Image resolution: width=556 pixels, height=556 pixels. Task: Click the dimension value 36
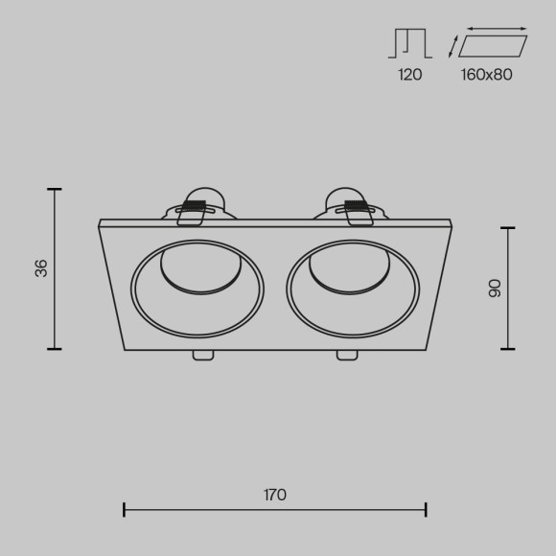click(40, 268)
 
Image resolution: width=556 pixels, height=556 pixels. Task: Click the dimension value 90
click(495, 288)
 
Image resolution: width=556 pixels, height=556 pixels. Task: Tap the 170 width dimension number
click(275, 495)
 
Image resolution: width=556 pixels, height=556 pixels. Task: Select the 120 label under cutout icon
click(409, 74)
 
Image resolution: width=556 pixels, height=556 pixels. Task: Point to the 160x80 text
click(486, 74)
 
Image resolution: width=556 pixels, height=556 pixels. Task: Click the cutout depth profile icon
click(409, 43)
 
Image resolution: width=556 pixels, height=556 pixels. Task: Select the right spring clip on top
click(354, 205)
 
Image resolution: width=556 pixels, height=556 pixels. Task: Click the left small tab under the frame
click(203, 357)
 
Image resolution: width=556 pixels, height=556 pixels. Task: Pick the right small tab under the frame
click(346, 357)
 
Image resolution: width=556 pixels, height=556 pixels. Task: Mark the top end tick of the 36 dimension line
click(54, 190)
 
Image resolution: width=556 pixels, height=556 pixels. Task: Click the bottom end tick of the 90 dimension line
click(507, 348)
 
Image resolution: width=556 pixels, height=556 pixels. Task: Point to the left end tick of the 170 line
click(125, 509)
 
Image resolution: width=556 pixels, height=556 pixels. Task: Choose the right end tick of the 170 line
click(427, 509)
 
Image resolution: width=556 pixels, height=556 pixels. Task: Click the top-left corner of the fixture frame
click(100, 222)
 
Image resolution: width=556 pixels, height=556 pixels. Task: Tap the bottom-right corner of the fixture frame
click(428, 350)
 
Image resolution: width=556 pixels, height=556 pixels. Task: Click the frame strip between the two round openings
click(275, 288)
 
